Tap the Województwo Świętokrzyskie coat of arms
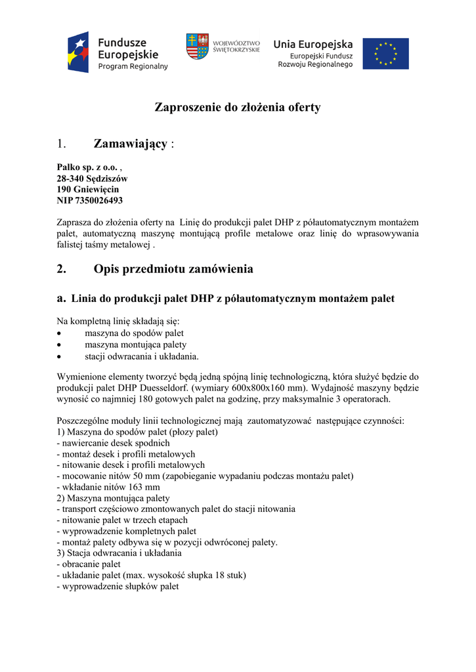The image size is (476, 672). tap(197, 47)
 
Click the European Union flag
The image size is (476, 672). tap(385, 54)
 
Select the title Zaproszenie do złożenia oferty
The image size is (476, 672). tap(238, 107)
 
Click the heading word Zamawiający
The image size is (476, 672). tap(130, 143)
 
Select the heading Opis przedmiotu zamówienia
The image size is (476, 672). tap(173, 269)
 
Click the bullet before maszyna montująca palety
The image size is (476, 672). tap(60, 345)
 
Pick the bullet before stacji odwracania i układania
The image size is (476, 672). tap(60, 356)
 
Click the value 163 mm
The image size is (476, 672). tap(145, 487)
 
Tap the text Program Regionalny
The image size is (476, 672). tap(133, 66)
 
